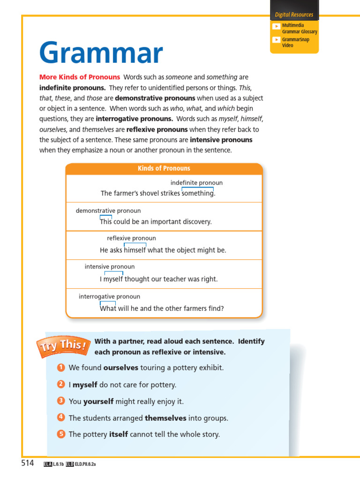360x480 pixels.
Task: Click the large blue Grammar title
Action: [x=101, y=53]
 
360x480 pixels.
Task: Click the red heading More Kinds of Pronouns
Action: [x=80, y=77]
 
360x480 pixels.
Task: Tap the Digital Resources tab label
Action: [x=294, y=15]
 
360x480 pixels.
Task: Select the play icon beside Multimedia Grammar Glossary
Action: [x=277, y=26]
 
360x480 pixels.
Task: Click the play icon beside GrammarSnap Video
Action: [x=277, y=40]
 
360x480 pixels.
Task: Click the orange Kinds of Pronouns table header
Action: [x=164, y=168]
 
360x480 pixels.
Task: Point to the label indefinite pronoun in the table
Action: [x=196, y=183]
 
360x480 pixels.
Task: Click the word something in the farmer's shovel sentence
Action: [x=197, y=194]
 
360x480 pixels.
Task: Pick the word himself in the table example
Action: [x=135, y=250]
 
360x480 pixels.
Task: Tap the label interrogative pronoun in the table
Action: [x=109, y=297]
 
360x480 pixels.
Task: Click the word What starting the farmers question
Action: [x=108, y=308]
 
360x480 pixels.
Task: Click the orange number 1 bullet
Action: [x=61, y=367]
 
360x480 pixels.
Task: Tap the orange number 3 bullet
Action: [x=61, y=401]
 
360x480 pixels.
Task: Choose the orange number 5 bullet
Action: [x=61, y=434]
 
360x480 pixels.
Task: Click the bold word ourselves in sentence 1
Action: [x=120, y=368]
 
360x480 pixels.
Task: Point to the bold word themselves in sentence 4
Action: [x=165, y=418]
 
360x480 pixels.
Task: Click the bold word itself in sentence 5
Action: [x=118, y=435]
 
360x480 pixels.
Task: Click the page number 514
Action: [x=28, y=463]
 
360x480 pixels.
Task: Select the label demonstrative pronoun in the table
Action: [x=108, y=211]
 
